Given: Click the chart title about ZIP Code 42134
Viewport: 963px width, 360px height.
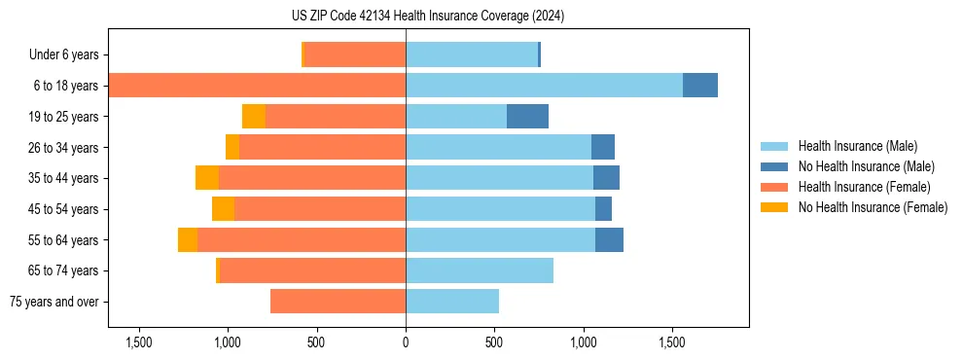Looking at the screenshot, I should point(428,17).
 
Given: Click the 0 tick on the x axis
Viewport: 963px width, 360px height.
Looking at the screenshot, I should point(406,343).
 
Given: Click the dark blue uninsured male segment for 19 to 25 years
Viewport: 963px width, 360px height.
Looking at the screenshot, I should point(527,117).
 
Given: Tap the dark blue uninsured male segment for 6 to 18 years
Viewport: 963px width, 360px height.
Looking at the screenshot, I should point(699,86).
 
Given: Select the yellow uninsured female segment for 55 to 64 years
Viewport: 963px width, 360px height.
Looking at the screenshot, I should point(188,240).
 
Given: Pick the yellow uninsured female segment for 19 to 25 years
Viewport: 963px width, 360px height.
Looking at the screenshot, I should point(254,117).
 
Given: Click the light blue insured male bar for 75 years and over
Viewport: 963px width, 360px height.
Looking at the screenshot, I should point(452,302).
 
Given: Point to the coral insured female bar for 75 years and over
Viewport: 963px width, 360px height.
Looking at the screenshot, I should point(338,302).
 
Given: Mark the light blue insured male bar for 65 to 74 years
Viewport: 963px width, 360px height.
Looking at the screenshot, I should point(480,270).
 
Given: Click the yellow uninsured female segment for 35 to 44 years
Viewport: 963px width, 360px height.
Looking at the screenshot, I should point(207,178).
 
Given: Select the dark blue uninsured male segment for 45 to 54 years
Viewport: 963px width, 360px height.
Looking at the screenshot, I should point(603,209).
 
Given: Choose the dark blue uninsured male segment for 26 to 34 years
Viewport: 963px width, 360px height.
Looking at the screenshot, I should point(603,147).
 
